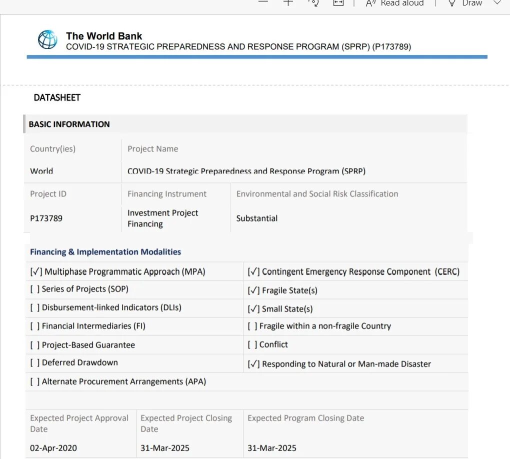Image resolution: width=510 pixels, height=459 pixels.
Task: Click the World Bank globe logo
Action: (x=47, y=39)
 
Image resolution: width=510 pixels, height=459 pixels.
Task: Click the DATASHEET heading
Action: (x=57, y=97)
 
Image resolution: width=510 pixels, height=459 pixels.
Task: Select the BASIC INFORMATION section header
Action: (x=69, y=124)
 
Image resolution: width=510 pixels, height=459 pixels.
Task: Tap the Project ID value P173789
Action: (x=46, y=218)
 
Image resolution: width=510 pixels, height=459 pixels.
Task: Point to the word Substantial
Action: (x=257, y=218)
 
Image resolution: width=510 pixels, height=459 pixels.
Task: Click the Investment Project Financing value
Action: (x=162, y=218)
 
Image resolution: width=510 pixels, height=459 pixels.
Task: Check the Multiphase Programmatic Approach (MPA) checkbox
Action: (x=36, y=272)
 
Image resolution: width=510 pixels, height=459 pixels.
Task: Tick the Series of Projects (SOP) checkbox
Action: (x=34, y=289)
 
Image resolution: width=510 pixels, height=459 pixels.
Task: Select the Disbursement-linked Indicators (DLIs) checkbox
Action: (x=34, y=307)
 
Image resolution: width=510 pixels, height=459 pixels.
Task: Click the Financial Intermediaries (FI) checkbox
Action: (x=34, y=326)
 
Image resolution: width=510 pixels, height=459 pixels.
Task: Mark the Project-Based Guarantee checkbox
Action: (x=34, y=345)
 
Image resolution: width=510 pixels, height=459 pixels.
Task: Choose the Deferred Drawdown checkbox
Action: (x=34, y=362)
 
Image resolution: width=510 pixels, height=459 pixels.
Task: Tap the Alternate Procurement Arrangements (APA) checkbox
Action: (x=34, y=381)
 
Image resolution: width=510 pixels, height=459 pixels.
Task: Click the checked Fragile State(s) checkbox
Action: (x=253, y=290)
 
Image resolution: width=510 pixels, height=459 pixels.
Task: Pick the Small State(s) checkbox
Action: (x=253, y=309)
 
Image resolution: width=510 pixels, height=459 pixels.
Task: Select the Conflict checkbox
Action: (x=252, y=344)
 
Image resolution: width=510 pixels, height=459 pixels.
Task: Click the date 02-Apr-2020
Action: (x=53, y=448)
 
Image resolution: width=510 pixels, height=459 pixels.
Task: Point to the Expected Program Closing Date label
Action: (x=305, y=418)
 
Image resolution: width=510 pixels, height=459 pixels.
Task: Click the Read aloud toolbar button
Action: (x=395, y=3)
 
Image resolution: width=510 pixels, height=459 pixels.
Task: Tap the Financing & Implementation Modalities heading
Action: (x=105, y=252)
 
